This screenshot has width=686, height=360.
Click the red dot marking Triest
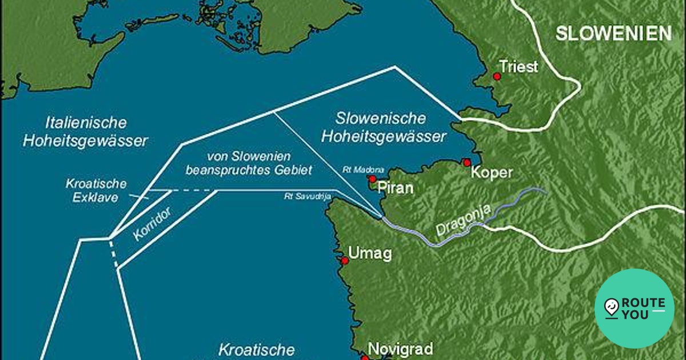click(x=497, y=76)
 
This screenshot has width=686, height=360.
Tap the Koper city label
click(x=492, y=173)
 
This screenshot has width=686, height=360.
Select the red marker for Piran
click(x=372, y=179)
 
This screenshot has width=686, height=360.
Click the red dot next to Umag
click(x=345, y=261)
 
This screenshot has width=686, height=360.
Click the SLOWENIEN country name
click(x=613, y=34)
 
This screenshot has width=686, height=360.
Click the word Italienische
click(x=86, y=122)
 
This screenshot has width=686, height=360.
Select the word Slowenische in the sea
click(x=381, y=119)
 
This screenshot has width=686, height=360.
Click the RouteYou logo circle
click(x=634, y=309)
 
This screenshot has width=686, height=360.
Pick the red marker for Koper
click(x=467, y=162)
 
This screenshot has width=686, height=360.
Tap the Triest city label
click(x=519, y=66)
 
